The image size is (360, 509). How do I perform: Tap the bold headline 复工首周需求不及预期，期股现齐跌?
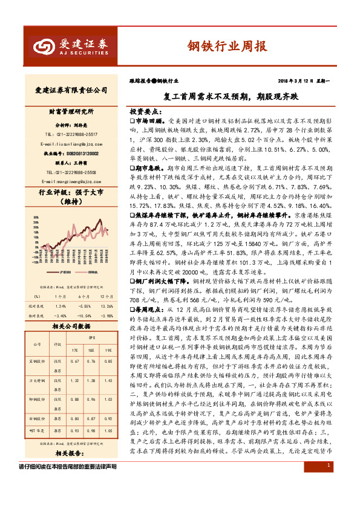[x=232, y=96]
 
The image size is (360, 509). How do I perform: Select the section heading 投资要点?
[x=146, y=112]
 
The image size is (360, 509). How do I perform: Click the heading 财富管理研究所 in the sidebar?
[x=67, y=111]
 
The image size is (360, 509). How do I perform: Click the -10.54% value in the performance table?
[x=85, y=316]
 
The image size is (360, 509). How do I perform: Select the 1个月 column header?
[x=59, y=296]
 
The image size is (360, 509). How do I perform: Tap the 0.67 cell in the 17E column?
[x=76, y=361]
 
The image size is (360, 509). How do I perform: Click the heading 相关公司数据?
[x=67, y=326]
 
